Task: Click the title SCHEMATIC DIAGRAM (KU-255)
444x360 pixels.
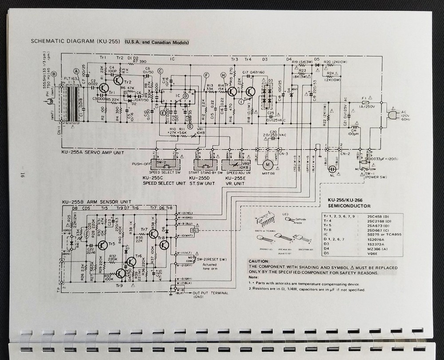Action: pyautogui.click(x=74, y=42)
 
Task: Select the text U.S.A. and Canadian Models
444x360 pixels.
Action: pyautogui.click(x=157, y=43)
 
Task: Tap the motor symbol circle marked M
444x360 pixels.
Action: pyautogui.click(x=268, y=164)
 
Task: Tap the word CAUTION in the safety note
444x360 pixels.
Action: pyautogui.click(x=260, y=262)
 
